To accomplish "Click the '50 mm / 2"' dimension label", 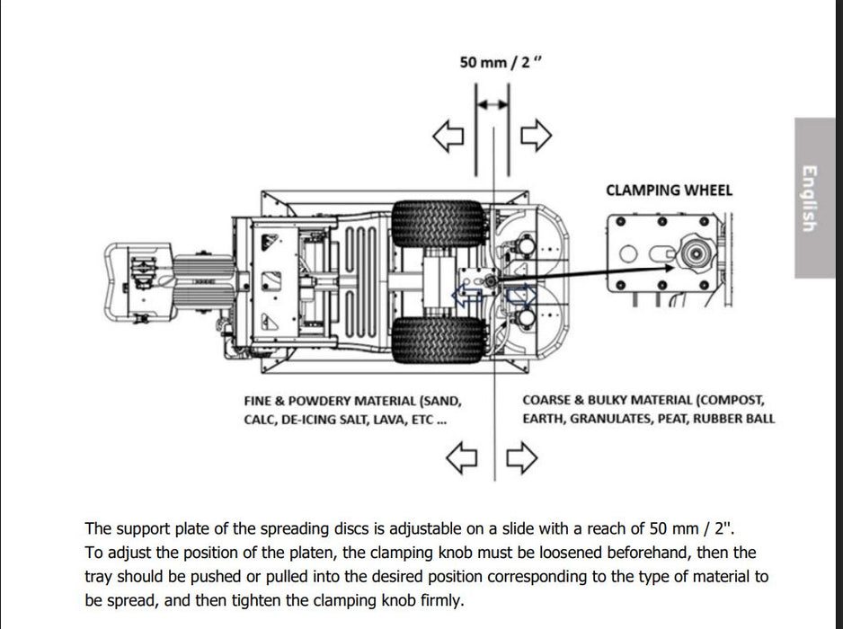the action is (501, 62).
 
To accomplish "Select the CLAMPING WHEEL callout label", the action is (669, 190).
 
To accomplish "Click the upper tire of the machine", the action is (438, 224).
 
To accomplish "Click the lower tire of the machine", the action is (438, 340).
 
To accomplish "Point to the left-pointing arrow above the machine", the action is (448, 136).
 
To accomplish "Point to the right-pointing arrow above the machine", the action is (536, 135).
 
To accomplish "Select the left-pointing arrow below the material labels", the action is (462, 458).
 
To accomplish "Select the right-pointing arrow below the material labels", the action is (522, 457).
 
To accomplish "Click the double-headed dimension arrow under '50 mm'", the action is (492, 104).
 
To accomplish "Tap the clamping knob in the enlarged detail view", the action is (695, 252).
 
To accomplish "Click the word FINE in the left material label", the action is (257, 401).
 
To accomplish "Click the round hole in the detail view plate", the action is (628, 253).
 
